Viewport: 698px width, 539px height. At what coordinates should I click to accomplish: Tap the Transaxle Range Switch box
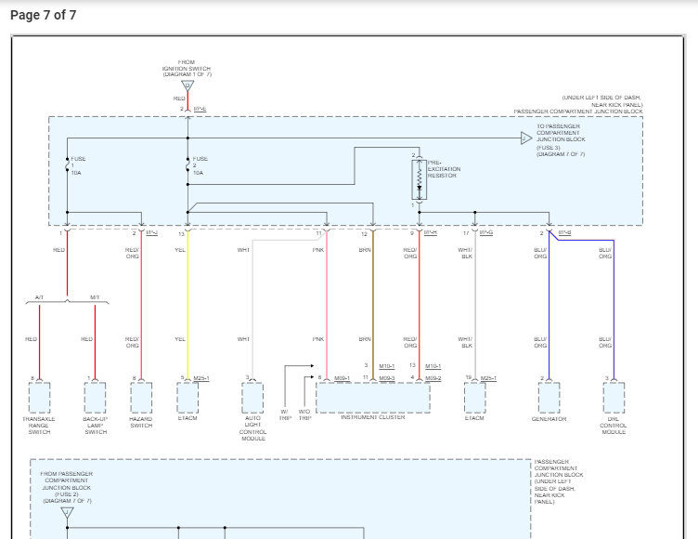click(39, 398)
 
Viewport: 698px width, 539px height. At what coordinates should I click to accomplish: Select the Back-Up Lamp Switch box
click(96, 398)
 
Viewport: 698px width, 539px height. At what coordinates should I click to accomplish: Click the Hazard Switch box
click(141, 398)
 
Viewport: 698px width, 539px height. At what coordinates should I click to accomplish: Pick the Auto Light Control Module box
click(252, 398)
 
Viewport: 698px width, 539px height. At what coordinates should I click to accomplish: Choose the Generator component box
click(549, 398)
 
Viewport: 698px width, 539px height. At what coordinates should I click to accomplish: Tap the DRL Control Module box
click(614, 398)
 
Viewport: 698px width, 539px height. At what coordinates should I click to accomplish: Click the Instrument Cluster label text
click(372, 417)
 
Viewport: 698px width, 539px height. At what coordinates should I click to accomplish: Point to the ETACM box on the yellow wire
click(187, 398)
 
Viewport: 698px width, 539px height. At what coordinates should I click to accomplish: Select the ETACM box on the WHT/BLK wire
click(474, 398)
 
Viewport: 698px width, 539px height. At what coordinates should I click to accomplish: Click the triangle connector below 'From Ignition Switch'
click(187, 85)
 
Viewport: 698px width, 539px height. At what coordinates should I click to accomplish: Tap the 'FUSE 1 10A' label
click(77, 165)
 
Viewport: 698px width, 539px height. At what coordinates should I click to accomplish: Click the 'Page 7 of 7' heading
click(43, 15)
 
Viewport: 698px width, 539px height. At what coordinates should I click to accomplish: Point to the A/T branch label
click(39, 297)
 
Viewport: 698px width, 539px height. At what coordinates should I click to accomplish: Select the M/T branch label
click(95, 297)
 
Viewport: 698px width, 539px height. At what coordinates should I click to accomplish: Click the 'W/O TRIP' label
click(304, 414)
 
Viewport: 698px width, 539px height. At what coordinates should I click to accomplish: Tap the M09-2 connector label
click(433, 378)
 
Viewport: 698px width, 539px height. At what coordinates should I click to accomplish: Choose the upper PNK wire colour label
click(318, 249)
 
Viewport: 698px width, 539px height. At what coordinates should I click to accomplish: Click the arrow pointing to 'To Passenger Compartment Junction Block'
click(526, 138)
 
